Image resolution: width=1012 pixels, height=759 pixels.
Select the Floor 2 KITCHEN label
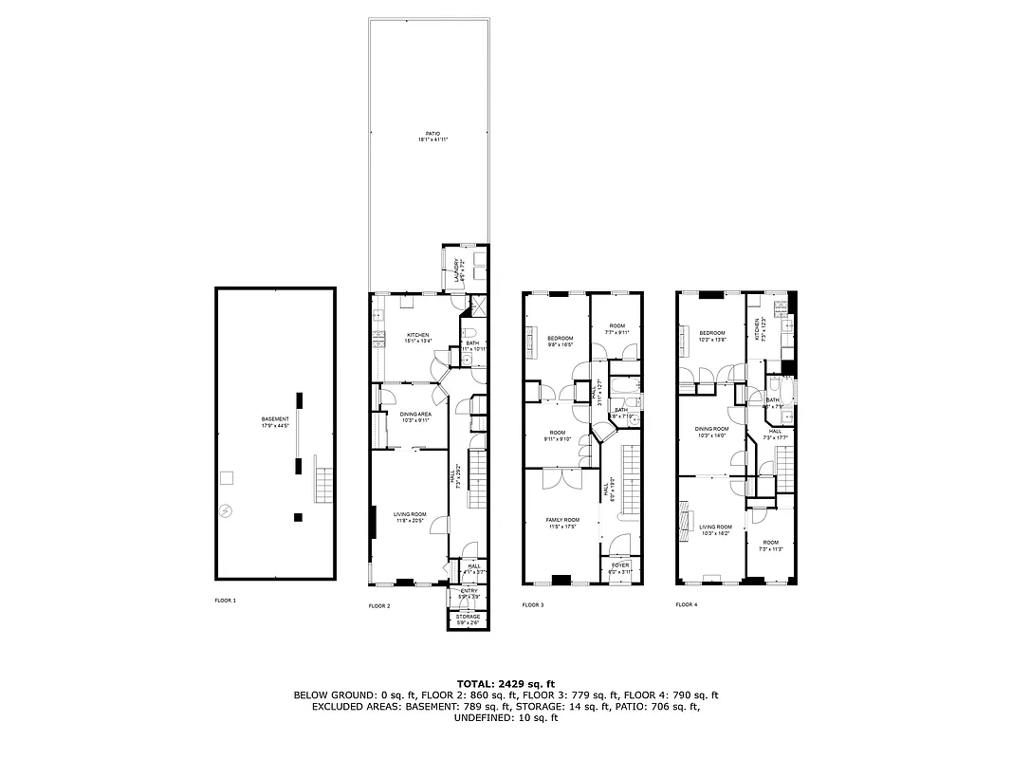pos(418,335)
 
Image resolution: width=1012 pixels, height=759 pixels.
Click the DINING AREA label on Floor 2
pos(415,414)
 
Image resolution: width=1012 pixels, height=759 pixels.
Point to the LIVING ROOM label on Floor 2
pos(410,513)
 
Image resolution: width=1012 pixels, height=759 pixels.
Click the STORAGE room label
pos(468,617)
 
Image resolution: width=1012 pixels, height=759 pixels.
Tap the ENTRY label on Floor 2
pos(469,591)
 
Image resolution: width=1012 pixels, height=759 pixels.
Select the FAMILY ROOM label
pos(561,520)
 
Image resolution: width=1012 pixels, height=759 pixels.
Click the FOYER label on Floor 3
pos(619,565)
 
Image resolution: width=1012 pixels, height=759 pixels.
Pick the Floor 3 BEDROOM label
pos(561,339)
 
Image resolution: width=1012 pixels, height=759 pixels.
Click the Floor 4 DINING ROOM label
pos(711,431)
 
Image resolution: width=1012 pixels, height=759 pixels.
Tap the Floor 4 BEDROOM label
pos(711,333)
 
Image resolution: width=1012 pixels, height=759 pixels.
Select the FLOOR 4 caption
pos(686,603)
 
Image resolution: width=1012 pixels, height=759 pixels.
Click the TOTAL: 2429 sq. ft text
pos(506,683)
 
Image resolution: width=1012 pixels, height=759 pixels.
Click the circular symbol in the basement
pos(225,511)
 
